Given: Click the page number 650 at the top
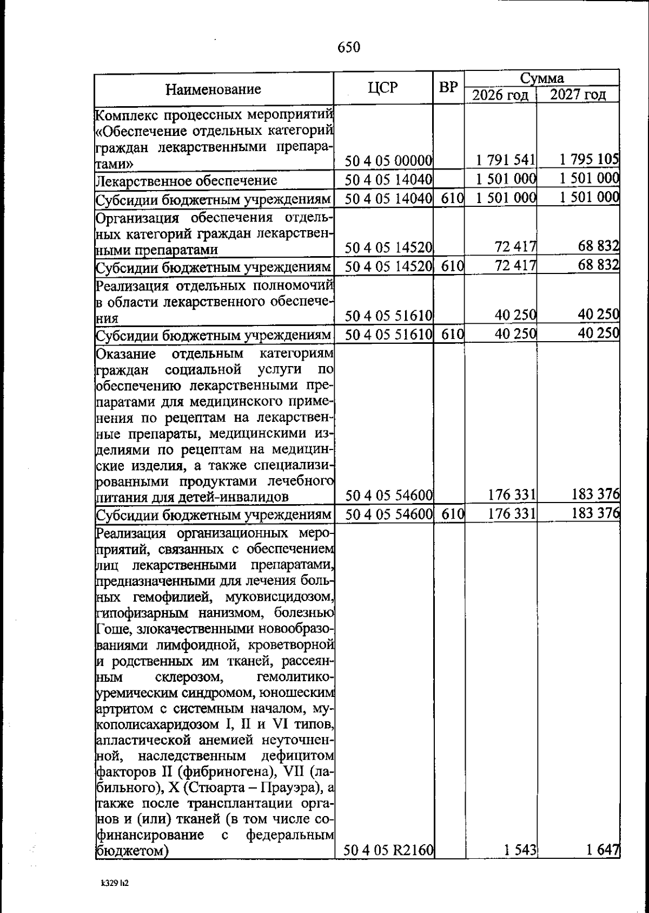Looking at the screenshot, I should point(349,48).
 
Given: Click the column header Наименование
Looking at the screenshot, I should point(213,89).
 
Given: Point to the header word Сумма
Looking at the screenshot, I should point(542,78).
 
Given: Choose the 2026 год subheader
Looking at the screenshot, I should point(500,95).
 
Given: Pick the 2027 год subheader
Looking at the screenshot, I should point(578,95).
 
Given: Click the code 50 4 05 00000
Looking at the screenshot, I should point(389,160).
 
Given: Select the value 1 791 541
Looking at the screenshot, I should point(506,160).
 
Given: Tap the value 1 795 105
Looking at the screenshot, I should point(589,159).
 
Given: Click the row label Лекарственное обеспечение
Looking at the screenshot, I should point(187,180).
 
